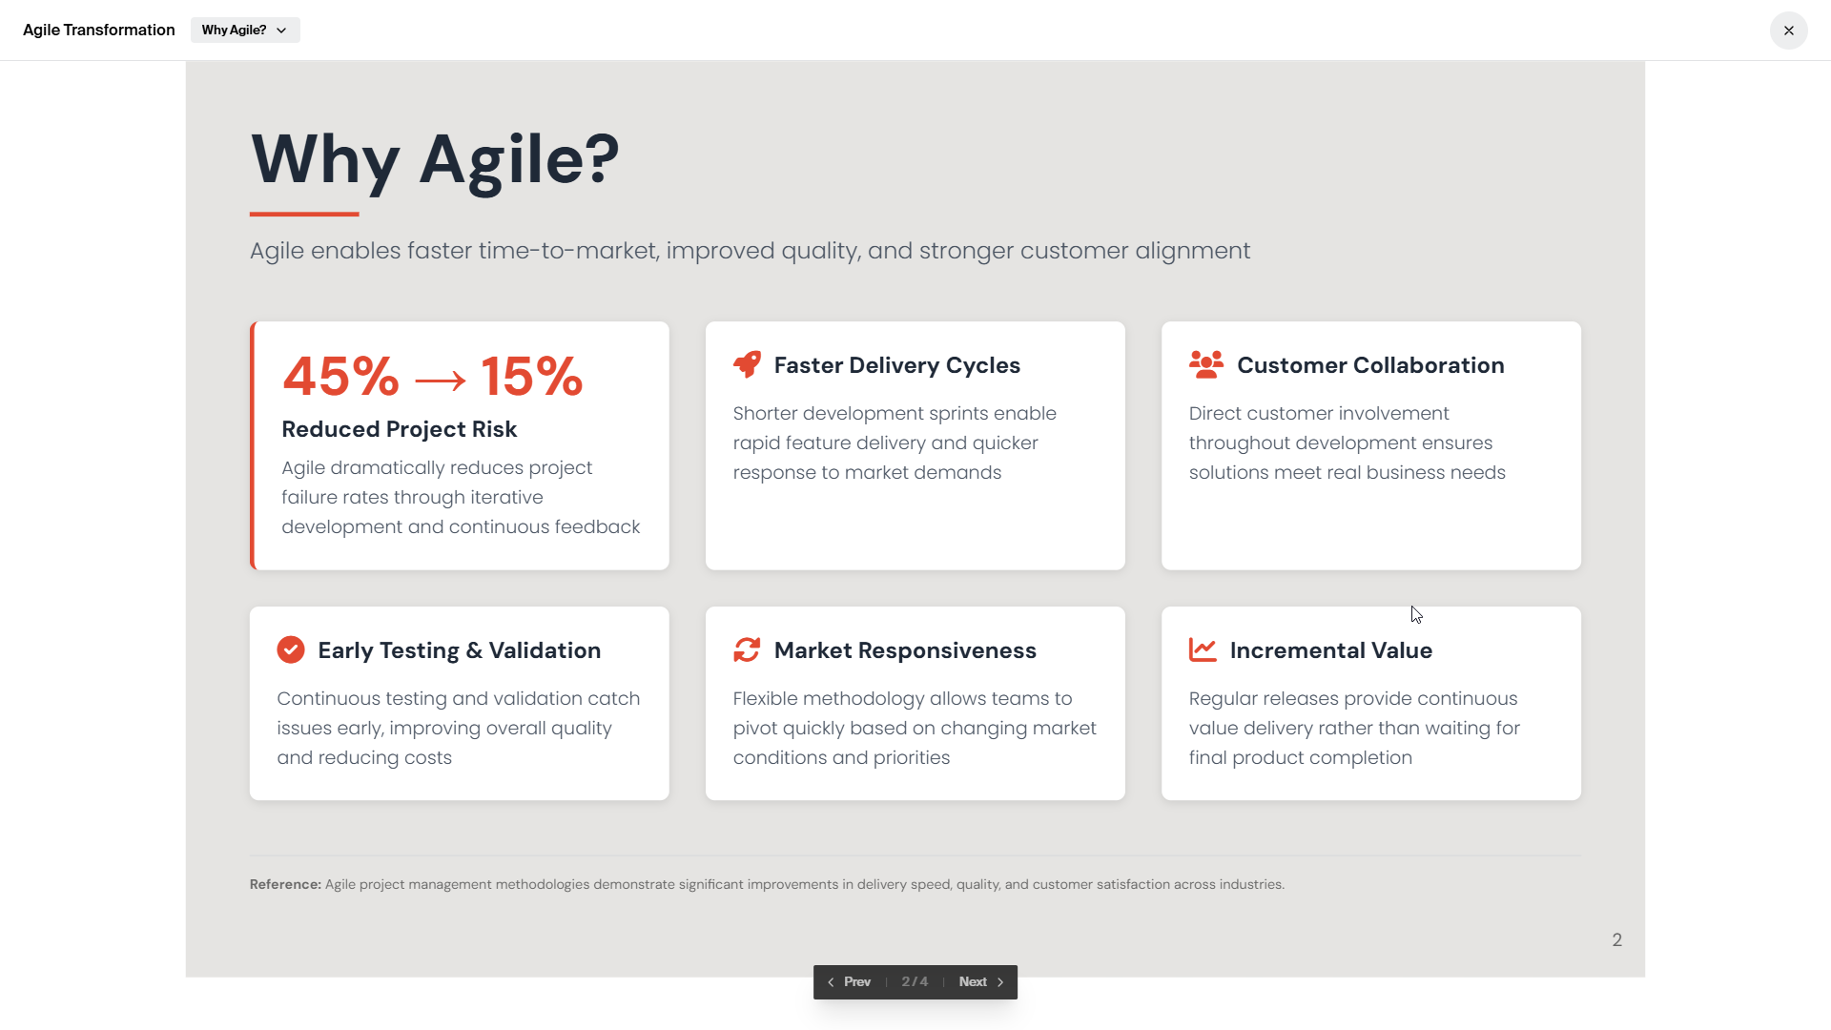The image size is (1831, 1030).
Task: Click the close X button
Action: [x=1788, y=31]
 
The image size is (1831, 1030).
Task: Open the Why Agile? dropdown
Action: [x=245, y=31]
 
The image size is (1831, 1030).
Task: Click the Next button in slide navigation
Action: [x=981, y=981]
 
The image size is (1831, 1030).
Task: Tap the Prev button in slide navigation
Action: [x=849, y=981]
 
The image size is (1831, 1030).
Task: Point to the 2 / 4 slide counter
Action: [x=915, y=981]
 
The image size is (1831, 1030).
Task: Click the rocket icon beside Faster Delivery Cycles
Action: [x=748, y=364]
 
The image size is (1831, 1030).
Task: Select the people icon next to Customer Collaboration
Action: [x=1206, y=364]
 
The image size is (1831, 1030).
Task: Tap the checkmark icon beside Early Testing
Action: [x=291, y=649]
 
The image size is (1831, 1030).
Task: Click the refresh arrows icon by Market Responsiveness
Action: [x=747, y=649]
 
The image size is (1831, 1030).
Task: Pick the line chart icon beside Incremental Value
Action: [x=1203, y=649]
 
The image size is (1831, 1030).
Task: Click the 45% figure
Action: [x=340, y=376]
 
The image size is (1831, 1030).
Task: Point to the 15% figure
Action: [x=531, y=376]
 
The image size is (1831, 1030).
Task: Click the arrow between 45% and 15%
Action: [x=441, y=381]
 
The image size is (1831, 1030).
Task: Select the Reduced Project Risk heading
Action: [x=400, y=429]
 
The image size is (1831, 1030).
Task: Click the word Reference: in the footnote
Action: [x=286, y=884]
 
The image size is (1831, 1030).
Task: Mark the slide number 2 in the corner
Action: [x=1617, y=940]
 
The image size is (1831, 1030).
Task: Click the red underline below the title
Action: [x=304, y=214]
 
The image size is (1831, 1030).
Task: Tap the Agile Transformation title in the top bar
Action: [x=99, y=31]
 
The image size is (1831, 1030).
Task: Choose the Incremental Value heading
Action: [x=1331, y=650]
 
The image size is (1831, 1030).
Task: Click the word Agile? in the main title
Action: [x=520, y=159]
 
